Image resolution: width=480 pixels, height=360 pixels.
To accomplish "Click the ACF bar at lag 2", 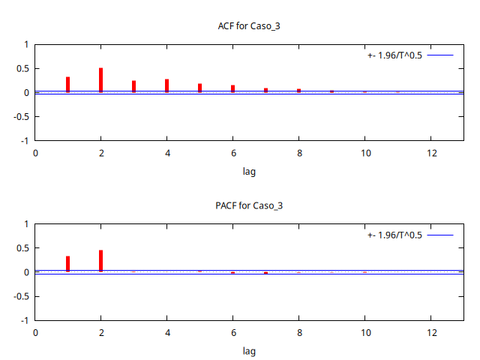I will tap(100, 80).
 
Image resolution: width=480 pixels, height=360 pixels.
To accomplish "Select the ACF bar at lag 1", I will tap(67, 85).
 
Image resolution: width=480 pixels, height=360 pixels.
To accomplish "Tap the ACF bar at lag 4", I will tap(166, 85).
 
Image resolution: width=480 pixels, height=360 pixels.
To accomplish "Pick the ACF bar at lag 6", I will tap(232, 88).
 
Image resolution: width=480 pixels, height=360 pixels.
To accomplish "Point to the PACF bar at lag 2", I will tap(100, 261).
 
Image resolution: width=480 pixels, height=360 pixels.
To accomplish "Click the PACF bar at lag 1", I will tap(67, 264).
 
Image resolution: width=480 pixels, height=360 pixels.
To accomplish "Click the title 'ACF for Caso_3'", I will tap(249, 26).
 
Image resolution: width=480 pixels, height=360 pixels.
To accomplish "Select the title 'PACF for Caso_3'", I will tap(249, 205).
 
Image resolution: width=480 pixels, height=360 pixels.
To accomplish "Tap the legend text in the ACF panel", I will tap(394, 55).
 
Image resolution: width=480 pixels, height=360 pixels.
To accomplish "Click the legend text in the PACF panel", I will tap(394, 235).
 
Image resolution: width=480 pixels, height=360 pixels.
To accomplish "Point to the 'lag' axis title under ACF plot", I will tap(249, 171).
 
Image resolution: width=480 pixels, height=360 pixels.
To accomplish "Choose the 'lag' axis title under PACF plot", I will tap(249, 350).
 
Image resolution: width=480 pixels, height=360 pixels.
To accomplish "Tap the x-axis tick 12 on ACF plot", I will tap(431, 153).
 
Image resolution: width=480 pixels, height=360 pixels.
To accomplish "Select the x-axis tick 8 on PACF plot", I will tap(299, 332).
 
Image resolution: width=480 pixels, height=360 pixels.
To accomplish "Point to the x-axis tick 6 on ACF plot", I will tap(233, 153).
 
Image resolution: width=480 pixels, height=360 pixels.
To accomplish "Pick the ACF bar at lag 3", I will tap(133, 87).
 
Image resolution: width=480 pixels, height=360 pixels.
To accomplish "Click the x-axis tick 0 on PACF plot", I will tap(35, 332).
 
